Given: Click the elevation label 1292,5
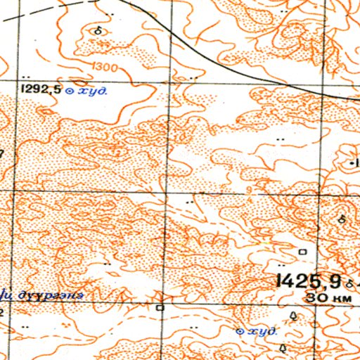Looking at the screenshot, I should point(41,89).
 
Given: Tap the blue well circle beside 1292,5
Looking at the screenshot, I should point(69,90).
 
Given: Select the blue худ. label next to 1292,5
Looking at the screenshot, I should point(91,90).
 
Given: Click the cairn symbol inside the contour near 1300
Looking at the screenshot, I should point(98,31).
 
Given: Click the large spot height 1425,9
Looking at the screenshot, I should point(309,281).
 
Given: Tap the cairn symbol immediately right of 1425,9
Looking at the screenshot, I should point(349,283).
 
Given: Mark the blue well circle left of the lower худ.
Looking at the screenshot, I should point(240,331).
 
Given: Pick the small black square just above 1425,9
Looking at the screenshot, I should point(303,251).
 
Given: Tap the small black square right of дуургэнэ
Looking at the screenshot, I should point(160,307).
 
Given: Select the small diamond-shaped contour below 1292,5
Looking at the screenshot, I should point(46,111).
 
